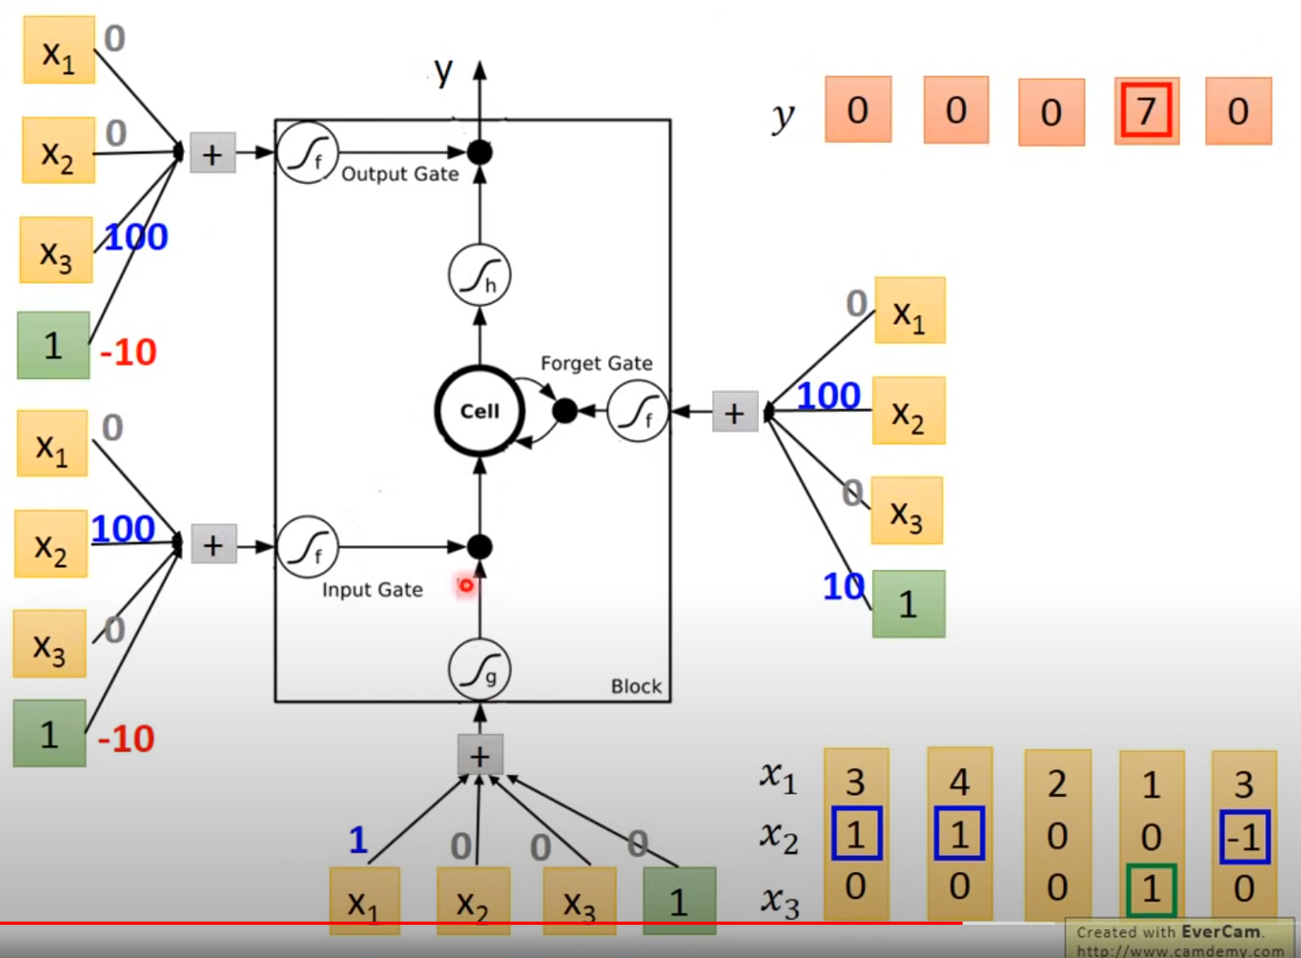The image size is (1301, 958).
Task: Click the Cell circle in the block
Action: point(479,411)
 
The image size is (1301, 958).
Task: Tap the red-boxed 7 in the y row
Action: point(1146,111)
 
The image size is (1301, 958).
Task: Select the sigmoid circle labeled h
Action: point(479,275)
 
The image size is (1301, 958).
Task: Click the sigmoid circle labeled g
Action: point(479,670)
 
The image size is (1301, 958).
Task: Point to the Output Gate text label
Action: point(400,174)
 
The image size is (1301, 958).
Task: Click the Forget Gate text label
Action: point(596,363)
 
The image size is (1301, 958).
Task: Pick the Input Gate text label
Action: point(372,590)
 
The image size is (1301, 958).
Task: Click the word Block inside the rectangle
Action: point(636,686)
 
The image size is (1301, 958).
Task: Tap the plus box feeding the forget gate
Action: point(734,412)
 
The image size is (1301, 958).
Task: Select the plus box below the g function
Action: point(479,756)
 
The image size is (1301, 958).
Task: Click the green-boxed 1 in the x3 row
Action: point(1151,888)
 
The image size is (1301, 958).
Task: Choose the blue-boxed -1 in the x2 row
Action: point(1244,837)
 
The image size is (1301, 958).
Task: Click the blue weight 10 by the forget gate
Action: point(843,587)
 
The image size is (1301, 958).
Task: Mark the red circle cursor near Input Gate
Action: point(466,585)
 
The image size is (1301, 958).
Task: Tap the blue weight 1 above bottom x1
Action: point(358,840)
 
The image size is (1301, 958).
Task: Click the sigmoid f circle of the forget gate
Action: point(638,412)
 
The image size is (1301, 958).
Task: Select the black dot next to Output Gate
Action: point(479,152)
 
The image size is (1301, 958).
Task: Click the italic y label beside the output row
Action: point(783,115)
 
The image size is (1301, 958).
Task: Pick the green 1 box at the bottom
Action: point(679,901)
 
